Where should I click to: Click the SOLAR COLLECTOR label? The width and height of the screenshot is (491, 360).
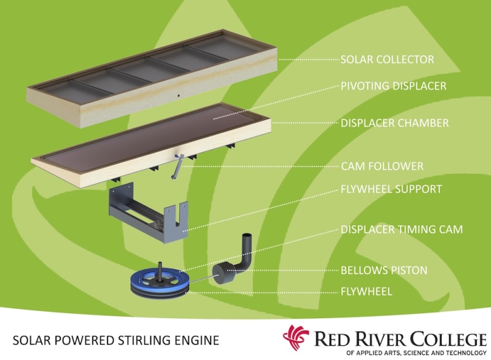point(387,60)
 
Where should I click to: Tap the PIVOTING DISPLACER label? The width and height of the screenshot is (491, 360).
point(393,85)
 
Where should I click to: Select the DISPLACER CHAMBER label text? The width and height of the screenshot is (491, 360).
point(395,123)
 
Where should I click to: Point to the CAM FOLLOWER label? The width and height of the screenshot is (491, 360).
point(382,166)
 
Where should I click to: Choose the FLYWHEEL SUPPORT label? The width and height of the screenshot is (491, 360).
point(391,189)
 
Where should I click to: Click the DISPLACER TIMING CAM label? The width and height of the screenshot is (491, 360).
point(401,230)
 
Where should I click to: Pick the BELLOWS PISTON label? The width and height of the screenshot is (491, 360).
point(384,270)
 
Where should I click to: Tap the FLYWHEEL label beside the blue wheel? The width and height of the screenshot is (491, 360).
point(366,291)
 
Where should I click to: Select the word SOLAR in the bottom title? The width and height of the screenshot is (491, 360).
point(34,339)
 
